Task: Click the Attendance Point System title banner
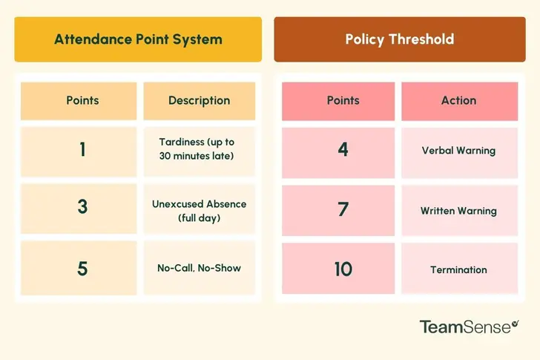(x=138, y=39)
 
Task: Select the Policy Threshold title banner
(x=400, y=39)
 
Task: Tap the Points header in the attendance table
(x=82, y=100)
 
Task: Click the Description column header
(x=199, y=100)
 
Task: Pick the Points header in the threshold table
(x=343, y=100)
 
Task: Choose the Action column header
(x=458, y=100)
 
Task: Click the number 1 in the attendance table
(x=82, y=149)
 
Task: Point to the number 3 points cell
(x=82, y=207)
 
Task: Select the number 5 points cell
(x=82, y=267)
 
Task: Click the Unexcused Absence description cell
(x=199, y=211)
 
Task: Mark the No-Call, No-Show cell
(x=199, y=268)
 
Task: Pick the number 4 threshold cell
(x=343, y=149)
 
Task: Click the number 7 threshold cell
(x=343, y=210)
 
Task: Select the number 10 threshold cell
(x=343, y=269)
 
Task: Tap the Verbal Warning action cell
(x=458, y=151)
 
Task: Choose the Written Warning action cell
(x=458, y=211)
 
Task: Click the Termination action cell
(x=458, y=269)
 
